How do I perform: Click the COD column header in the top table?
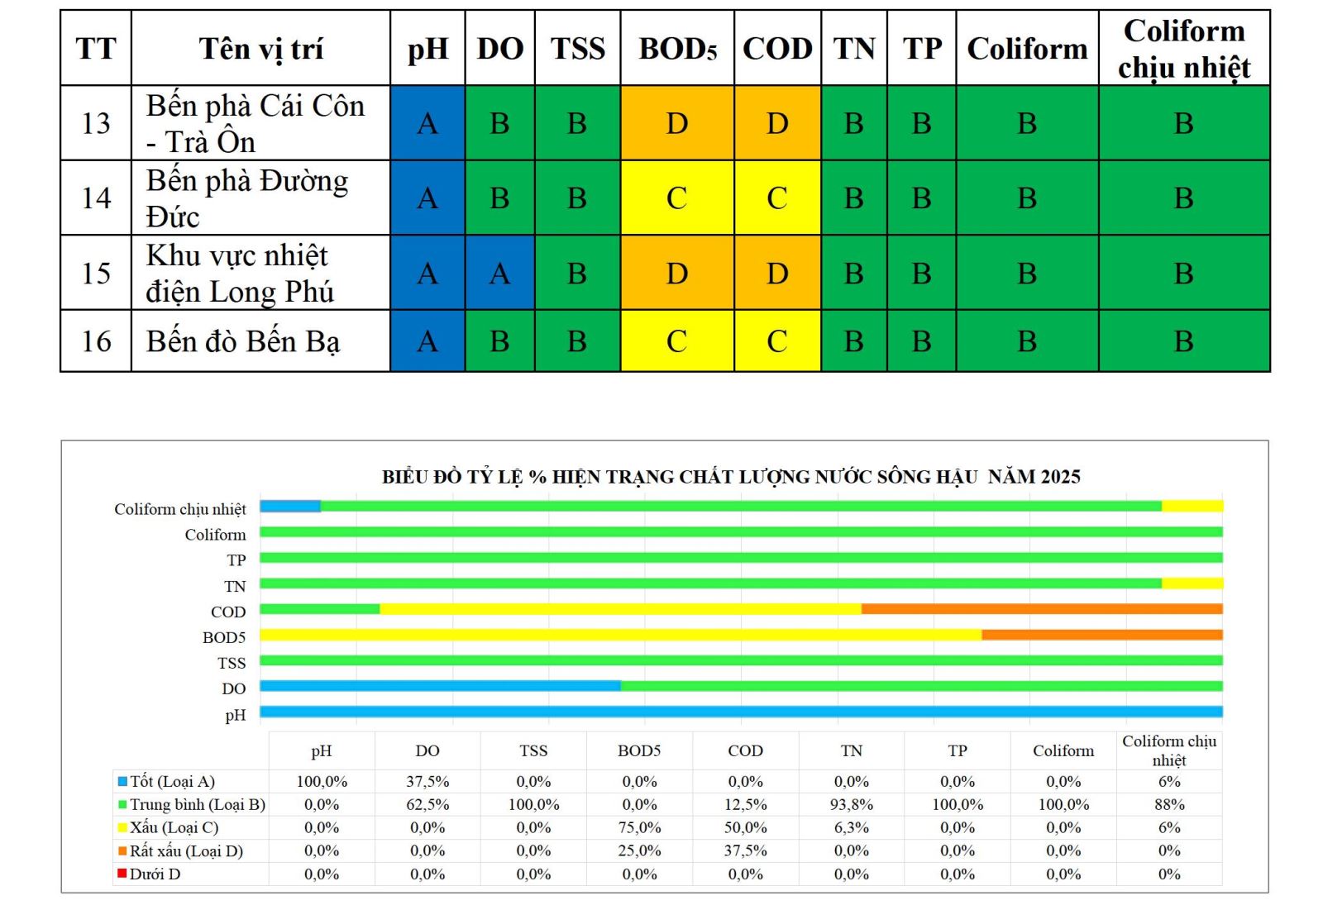(x=777, y=49)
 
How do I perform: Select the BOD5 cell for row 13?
(x=677, y=123)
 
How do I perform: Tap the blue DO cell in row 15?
(x=499, y=274)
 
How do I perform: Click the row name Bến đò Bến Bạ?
(x=243, y=341)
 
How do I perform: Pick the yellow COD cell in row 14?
(x=777, y=198)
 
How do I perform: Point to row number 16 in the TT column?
(x=96, y=341)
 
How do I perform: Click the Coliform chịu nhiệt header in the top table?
(x=1183, y=49)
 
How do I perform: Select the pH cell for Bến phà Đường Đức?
(x=427, y=198)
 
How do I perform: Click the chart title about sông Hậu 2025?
(x=731, y=477)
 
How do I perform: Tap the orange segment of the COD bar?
(x=1042, y=609)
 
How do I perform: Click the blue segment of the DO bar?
(x=440, y=686)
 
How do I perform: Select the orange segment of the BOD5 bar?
(x=1101, y=635)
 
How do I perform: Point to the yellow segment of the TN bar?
(x=1192, y=583)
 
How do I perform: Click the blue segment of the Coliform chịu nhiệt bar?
(x=290, y=506)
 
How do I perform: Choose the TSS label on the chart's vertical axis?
(x=232, y=663)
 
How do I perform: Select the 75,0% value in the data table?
(x=639, y=827)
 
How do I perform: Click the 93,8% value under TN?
(x=851, y=804)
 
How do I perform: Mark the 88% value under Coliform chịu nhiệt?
(x=1168, y=804)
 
